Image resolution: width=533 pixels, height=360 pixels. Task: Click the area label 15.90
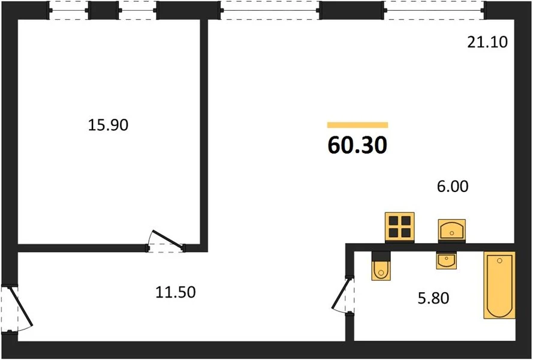(x=108, y=125)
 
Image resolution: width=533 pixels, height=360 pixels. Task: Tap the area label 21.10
(x=487, y=42)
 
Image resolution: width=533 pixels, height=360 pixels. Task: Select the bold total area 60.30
(x=357, y=145)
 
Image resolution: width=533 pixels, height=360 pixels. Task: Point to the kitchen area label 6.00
(x=453, y=186)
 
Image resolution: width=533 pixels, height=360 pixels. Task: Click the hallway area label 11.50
(x=176, y=292)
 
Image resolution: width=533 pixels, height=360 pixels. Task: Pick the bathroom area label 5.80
(x=433, y=298)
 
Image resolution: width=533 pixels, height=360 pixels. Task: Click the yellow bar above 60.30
(x=357, y=125)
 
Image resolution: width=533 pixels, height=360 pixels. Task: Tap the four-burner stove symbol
(x=400, y=227)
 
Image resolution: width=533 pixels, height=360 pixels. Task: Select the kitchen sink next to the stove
(x=451, y=230)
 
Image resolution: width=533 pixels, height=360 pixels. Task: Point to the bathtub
(x=499, y=285)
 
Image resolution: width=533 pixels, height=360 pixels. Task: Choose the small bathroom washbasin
(x=446, y=260)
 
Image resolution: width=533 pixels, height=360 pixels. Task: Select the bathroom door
(x=341, y=294)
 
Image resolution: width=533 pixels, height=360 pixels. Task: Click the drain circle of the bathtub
(x=499, y=260)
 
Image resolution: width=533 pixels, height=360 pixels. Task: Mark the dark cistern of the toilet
(x=381, y=256)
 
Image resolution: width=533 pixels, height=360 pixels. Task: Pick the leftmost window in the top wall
(x=69, y=10)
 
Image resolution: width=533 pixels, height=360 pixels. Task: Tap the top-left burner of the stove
(x=394, y=221)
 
